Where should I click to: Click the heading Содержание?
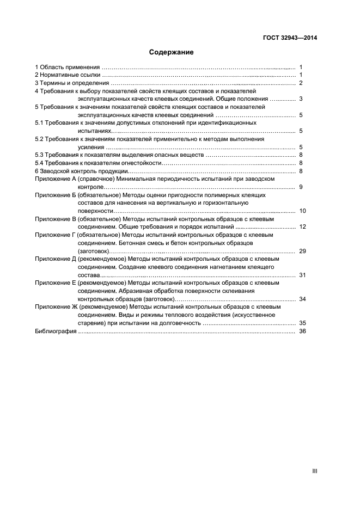172,53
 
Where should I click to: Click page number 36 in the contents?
302,331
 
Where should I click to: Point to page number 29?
302,251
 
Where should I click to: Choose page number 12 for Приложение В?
302,226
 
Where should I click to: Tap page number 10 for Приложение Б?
302,211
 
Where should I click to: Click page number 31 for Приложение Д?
302,275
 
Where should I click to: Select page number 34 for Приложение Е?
302,299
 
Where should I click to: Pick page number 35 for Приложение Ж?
302,323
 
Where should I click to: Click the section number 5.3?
39,155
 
